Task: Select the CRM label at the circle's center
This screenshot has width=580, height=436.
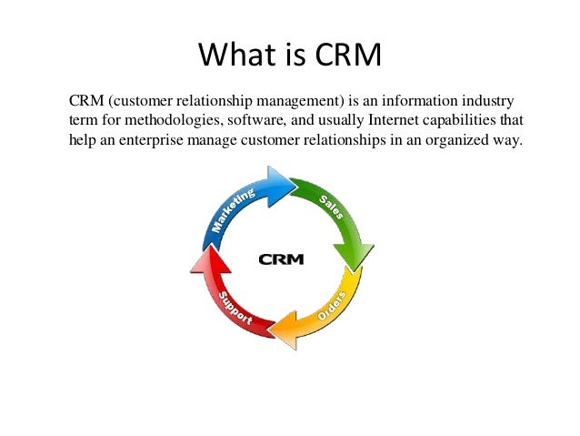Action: click(281, 259)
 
